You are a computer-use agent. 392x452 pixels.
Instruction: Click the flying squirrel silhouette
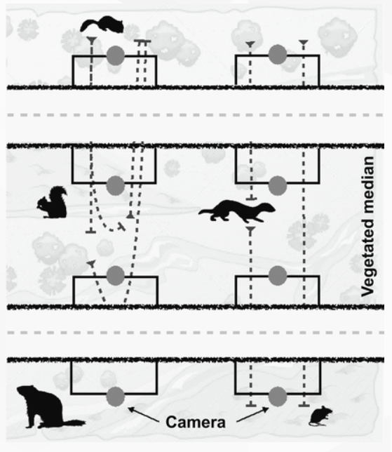[x=102, y=24]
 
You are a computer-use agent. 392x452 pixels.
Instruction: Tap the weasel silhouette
[x=236, y=211]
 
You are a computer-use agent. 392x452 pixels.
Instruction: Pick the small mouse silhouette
[x=321, y=416]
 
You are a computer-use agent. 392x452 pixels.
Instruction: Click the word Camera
[x=196, y=422]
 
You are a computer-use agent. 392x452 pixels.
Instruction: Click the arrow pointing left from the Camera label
[x=143, y=415]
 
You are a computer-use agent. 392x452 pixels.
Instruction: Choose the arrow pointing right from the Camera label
[x=252, y=415]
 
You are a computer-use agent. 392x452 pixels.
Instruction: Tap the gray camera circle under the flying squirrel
[x=116, y=55]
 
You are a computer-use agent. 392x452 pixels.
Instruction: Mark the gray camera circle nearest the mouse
[x=278, y=396]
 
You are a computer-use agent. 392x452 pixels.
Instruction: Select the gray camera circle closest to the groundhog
[x=116, y=397]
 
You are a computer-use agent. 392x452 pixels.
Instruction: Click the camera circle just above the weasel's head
[x=278, y=185]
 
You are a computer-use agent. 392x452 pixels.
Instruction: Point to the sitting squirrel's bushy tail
[x=58, y=196]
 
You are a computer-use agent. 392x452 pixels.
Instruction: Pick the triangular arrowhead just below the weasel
[x=250, y=230]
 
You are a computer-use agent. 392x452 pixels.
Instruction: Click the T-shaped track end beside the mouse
[x=304, y=405]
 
